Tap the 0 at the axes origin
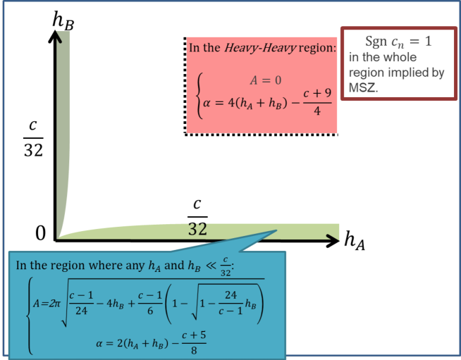[x=41, y=233]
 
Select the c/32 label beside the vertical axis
[x=33, y=137]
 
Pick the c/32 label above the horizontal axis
[x=198, y=216]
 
